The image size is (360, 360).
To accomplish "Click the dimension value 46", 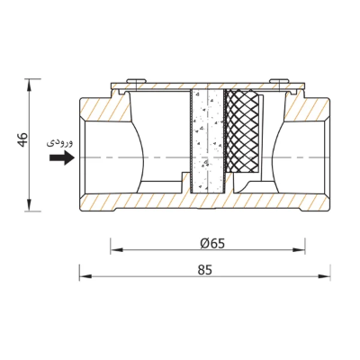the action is [x=23, y=139].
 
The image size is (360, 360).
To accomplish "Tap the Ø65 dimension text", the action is [x=212, y=244].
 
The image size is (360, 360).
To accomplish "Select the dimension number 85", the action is [x=205, y=270].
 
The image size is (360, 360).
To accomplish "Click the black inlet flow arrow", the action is [x=62, y=157].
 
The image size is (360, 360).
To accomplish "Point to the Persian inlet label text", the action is [x=59, y=142].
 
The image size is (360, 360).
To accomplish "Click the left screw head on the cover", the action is [x=137, y=81].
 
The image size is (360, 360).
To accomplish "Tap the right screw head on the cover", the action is [x=279, y=81].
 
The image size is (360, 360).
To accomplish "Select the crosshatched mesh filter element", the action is [x=242, y=131].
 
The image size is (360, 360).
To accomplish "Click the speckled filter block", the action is [x=207, y=141].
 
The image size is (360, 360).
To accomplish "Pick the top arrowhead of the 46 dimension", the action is [x=29, y=85].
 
